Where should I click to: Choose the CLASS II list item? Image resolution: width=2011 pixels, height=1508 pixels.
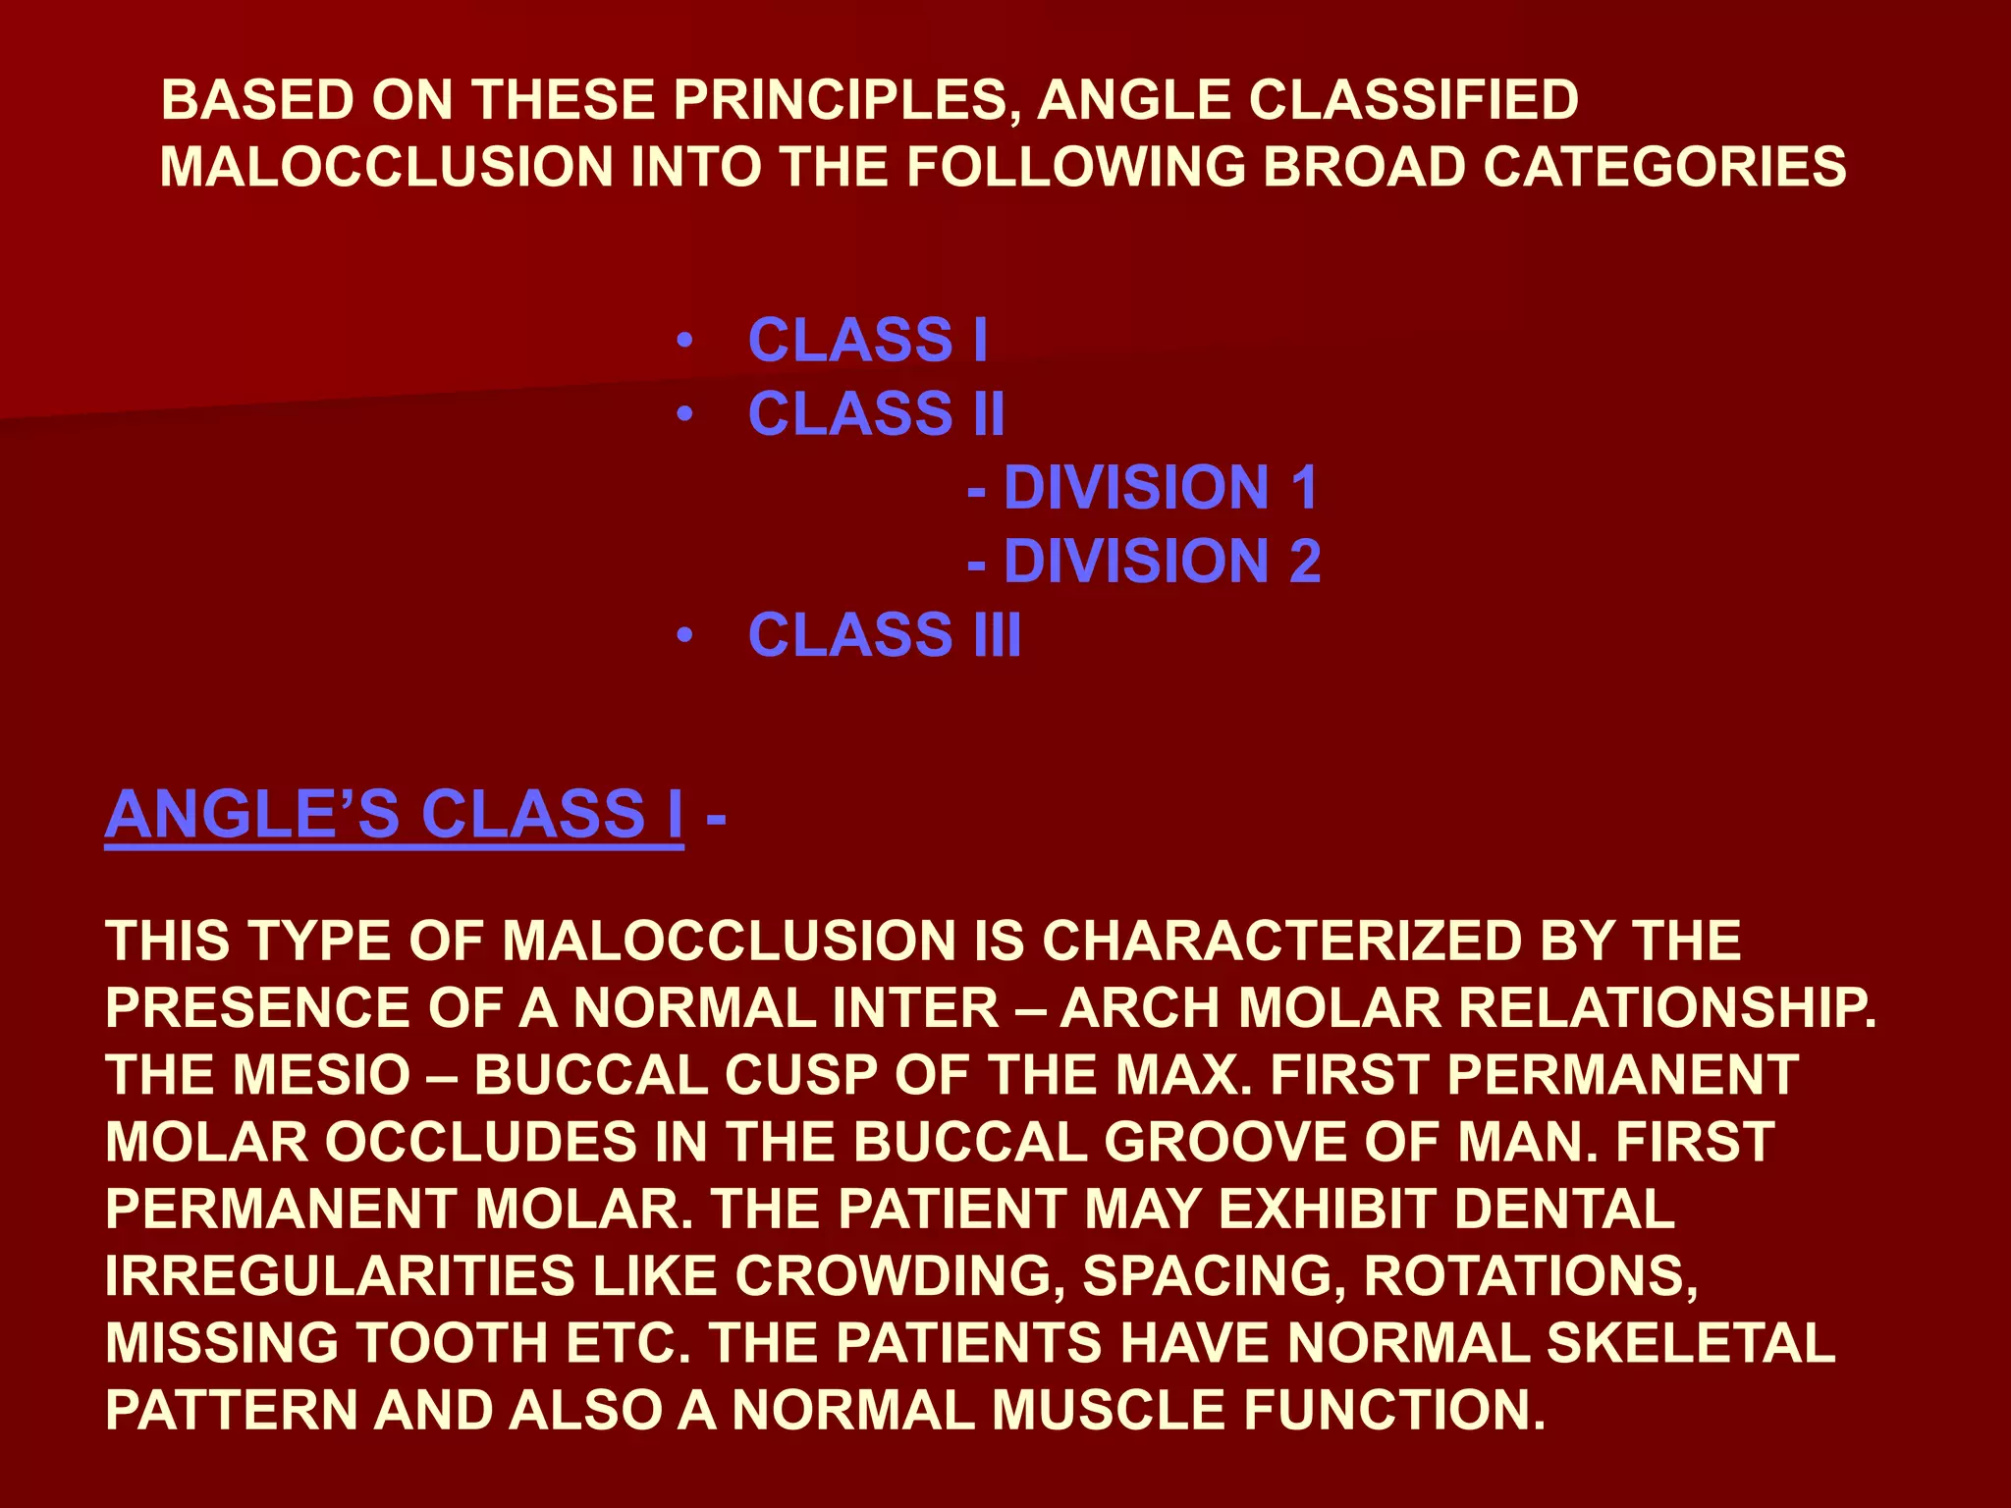click(876, 413)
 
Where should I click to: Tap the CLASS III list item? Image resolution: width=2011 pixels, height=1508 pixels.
click(884, 634)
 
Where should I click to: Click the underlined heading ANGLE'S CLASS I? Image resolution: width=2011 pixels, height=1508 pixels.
click(394, 814)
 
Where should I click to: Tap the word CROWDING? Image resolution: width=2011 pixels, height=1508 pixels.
click(898, 1275)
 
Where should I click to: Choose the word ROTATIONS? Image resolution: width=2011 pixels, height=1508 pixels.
click(1530, 1275)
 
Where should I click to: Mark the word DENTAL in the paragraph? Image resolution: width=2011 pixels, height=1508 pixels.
click(1564, 1209)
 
